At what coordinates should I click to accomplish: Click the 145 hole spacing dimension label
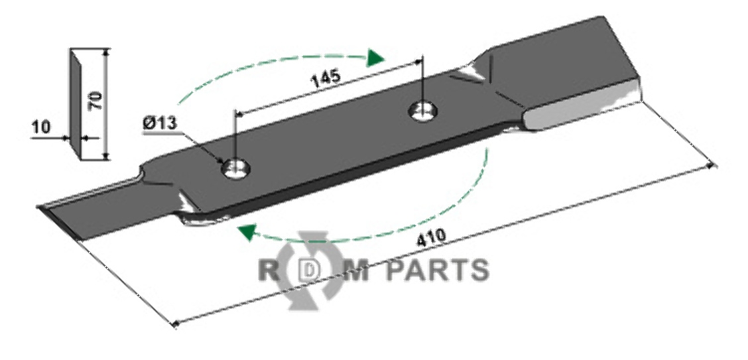tap(325, 78)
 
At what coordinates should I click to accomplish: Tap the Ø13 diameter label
tap(157, 123)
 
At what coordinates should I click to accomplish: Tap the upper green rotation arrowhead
tap(376, 58)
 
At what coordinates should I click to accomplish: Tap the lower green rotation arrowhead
tap(246, 231)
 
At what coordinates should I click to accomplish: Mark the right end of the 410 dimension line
tap(713, 164)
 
